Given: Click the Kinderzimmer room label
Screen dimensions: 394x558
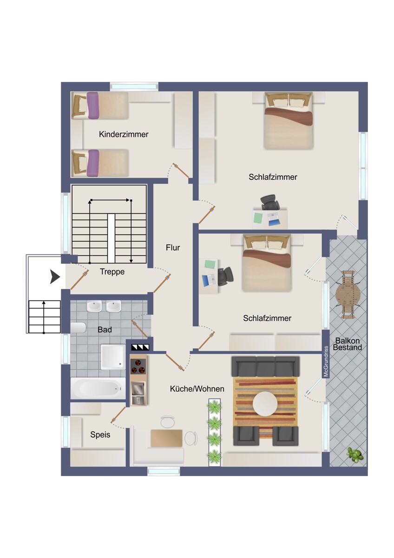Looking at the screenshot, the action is tap(124, 134).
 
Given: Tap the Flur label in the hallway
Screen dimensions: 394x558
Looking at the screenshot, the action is tap(173, 247).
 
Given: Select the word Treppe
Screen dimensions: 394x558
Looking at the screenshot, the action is tap(112, 272).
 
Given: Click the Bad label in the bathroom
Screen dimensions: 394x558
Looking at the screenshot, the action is tap(105, 330).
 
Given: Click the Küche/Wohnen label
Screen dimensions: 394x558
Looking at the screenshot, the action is tap(197, 389).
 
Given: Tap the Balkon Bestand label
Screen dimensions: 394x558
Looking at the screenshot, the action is tap(347, 344).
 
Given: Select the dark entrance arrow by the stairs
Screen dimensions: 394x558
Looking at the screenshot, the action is tap(55, 277).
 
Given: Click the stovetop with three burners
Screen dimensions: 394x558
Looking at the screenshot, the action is tap(138, 366).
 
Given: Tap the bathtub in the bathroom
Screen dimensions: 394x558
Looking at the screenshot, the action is tap(98, 388).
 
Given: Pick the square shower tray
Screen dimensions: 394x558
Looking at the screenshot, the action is tap(113, 357).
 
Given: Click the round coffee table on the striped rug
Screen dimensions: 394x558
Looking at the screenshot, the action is tap(265, 404).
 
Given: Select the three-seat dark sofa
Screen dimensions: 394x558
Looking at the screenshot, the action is tap(266, 366).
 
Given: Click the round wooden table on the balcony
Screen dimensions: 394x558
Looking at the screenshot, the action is tap(348, 295).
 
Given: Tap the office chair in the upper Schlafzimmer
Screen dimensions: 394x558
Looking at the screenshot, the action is tap(269, 203).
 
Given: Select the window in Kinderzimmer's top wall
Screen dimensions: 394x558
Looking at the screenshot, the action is tap(134, 86).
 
